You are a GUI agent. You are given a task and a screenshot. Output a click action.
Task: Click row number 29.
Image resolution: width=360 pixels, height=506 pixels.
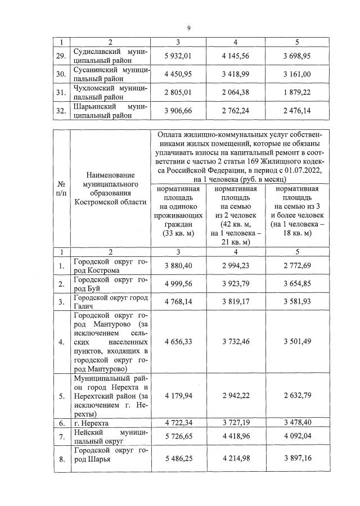[62, 55]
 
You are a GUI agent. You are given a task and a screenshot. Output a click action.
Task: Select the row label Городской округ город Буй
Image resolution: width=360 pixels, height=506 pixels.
[110, 284]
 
